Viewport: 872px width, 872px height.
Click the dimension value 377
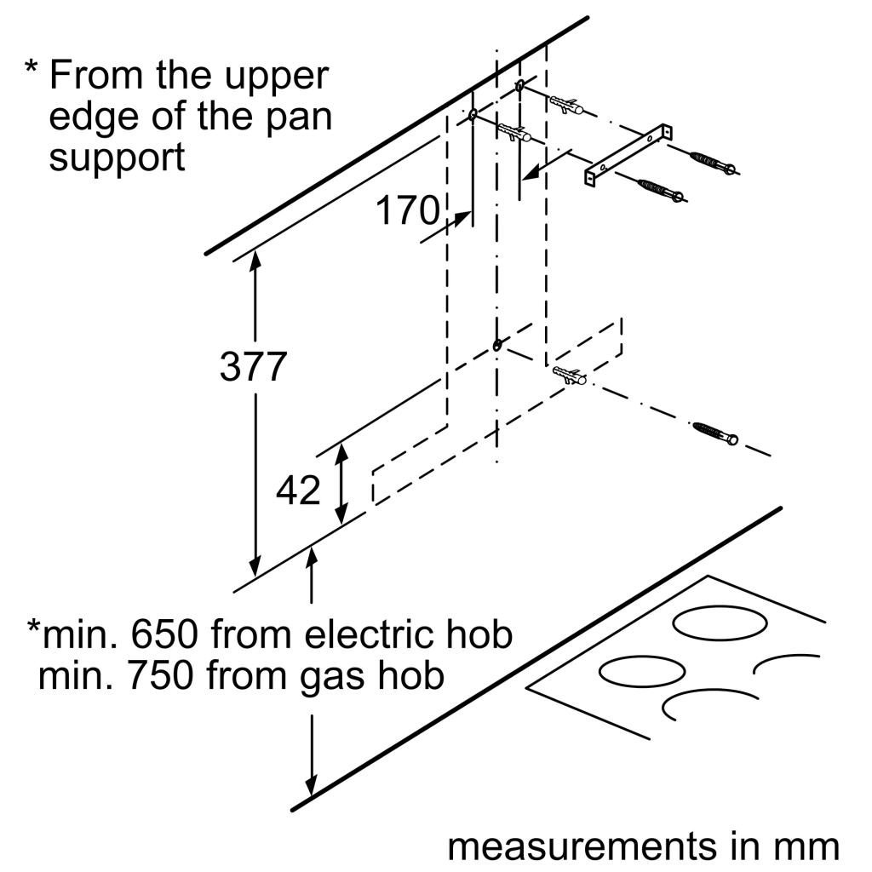252,367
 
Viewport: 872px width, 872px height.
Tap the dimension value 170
407,210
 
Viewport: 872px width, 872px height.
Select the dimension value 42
298,491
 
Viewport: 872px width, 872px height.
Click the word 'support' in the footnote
117,158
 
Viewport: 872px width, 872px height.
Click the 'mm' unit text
806,847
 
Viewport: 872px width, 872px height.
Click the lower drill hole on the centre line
496,345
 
